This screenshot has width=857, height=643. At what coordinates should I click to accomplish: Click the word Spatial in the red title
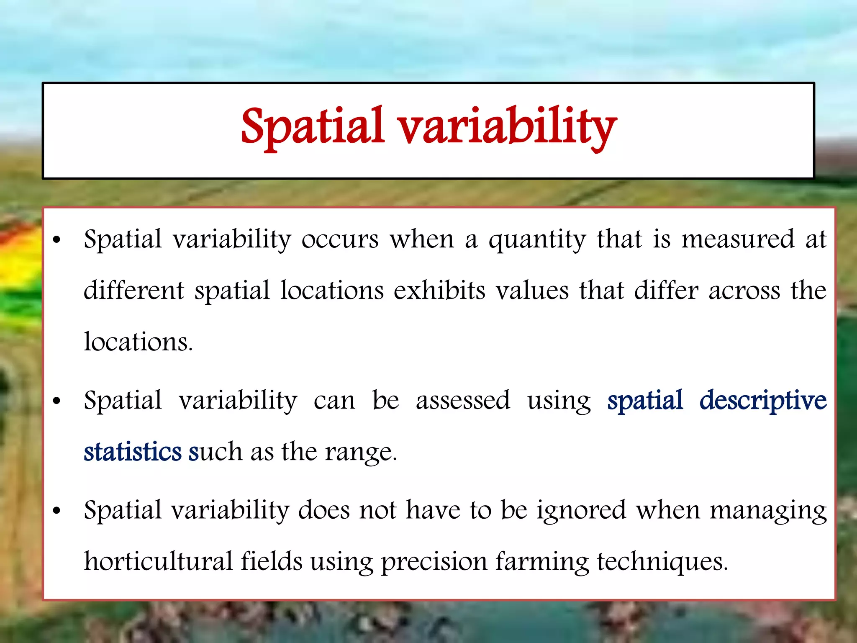coord(312,127)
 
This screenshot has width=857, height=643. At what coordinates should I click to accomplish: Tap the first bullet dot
coord(57,240)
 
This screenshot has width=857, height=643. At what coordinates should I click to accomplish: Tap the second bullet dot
coord(57,401)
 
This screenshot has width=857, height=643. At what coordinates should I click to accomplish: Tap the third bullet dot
coord(57,511)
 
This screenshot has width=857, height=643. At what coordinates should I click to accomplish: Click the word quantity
coord(537,240)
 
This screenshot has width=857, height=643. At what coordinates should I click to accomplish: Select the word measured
coord(738,239)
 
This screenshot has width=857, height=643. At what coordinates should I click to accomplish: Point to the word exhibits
coord(439,291)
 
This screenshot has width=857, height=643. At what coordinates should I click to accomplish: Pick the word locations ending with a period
coord(138,342)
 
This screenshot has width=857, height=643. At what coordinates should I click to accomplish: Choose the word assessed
coord(463,401)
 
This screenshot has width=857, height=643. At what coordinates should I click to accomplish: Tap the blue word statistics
coord(133,452)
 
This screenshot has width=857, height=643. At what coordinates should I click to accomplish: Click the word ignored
coord(582,511)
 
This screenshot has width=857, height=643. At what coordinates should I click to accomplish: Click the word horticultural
coord(158,561)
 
